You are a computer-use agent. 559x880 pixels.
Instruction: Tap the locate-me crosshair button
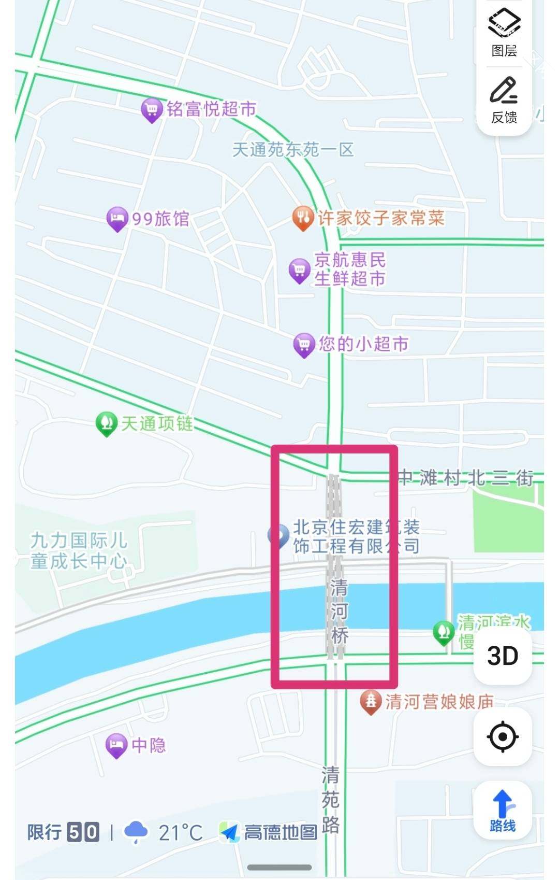503,736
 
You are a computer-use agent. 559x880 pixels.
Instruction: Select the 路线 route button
503,811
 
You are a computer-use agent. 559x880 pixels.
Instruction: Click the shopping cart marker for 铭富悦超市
152,110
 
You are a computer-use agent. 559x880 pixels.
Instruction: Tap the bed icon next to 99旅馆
117,219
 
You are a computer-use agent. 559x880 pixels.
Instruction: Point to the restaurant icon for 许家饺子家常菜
303,218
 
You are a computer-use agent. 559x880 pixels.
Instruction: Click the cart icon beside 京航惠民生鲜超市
299,270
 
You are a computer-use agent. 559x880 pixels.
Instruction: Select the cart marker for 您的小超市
304,345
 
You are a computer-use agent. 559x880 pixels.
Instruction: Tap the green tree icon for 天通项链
106,423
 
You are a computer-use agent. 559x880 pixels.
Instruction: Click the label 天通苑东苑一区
293,150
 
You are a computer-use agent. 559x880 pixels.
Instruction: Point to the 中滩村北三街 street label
465,477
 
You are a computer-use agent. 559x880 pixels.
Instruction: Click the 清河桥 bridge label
339,612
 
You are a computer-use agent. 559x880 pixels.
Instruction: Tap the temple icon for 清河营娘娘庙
371,702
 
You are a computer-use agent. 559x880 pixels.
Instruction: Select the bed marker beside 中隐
116,745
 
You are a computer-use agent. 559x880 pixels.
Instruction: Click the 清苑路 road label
331,800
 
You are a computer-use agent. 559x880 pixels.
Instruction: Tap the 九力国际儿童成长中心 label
79,550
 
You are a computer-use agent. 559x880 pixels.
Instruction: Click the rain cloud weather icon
136,832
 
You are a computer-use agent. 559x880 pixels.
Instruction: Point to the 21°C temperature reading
181,833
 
